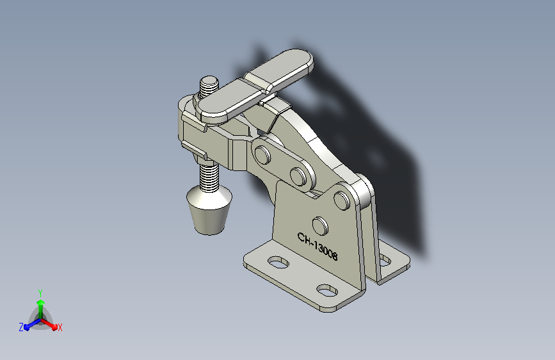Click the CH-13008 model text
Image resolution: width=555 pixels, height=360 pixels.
(x=318, y=247)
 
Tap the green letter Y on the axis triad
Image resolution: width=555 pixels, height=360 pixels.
(x=40, y=293)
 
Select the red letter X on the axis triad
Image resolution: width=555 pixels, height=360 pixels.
(x=60, y=327)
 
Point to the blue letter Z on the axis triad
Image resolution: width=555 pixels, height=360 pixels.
(x=21, y=327)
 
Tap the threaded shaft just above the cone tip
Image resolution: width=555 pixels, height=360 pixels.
(x=209, y=177)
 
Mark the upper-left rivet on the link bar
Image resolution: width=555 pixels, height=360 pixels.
(x=262, y=155)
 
